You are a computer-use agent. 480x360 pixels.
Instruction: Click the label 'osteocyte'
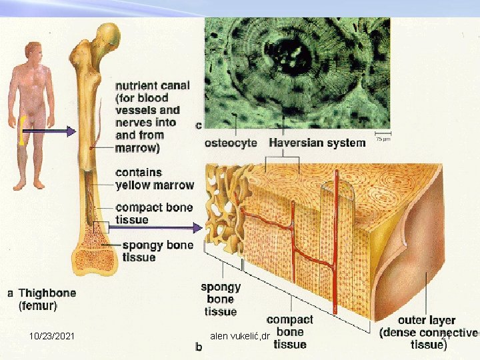pos(231,142)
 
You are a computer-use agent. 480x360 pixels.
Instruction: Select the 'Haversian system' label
pos(317,142)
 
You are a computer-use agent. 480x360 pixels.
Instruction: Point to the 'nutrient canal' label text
pos(152,86)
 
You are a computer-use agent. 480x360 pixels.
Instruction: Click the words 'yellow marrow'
pos(155,185)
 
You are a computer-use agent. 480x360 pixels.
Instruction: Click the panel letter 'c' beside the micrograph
pos(198,124)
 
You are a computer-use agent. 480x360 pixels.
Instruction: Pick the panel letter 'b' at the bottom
pos(198,347)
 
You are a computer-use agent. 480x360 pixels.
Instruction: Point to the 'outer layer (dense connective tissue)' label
pos(427,332)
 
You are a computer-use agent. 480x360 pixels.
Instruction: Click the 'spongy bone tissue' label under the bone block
pos(221,299)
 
